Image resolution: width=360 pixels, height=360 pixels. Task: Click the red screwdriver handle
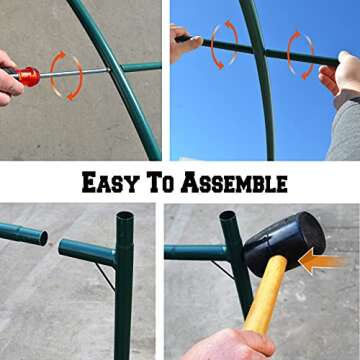(x=27, y=76)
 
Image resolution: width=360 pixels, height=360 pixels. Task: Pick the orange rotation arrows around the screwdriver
(x=66, y=75)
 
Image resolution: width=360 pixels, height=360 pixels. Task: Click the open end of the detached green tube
(x=41, y=237)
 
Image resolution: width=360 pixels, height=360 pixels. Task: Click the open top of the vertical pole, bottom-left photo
(x=124, y=217)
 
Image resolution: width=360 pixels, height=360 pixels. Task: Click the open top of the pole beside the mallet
(x=229, y=215)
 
